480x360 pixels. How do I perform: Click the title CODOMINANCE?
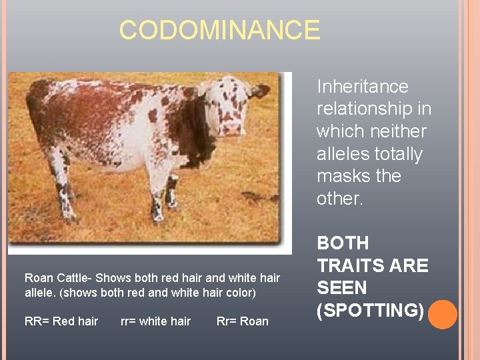(219, 30)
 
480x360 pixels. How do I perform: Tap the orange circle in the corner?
(442, 314)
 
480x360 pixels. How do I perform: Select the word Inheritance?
(362, 87)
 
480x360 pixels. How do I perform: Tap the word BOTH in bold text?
(343, 243)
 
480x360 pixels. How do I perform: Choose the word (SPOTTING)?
(370, 311)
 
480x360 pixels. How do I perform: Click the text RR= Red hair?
(61, 321)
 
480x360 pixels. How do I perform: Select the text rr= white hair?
(155, 321)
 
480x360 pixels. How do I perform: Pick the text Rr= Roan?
(243, 321)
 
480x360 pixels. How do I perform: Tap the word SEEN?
(341, 288)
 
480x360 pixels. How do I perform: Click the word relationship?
(365, 109)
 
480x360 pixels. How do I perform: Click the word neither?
(400, 131)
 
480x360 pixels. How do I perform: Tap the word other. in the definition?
(340, 199)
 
